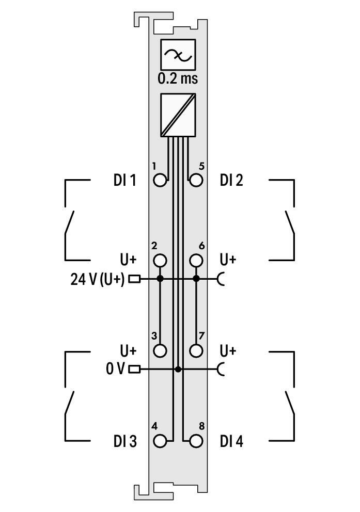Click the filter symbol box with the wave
(178, 55)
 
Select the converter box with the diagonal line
(178, 115)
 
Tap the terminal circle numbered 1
(161, 180)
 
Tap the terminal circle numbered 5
(196, 180)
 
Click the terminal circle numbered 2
(161, 260)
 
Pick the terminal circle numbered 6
(196, 260)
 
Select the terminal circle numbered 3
(161, 350)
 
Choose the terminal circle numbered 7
(196, 350)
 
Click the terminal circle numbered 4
(161, 441)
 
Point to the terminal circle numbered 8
(196, 441)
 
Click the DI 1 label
(125, 181)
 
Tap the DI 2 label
(231, 181)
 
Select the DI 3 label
(125, 442)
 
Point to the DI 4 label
(231, 442)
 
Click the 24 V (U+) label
(98, 279)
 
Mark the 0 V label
(116, 369)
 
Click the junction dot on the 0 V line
(178, 369)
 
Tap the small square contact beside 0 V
(134, 369)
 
